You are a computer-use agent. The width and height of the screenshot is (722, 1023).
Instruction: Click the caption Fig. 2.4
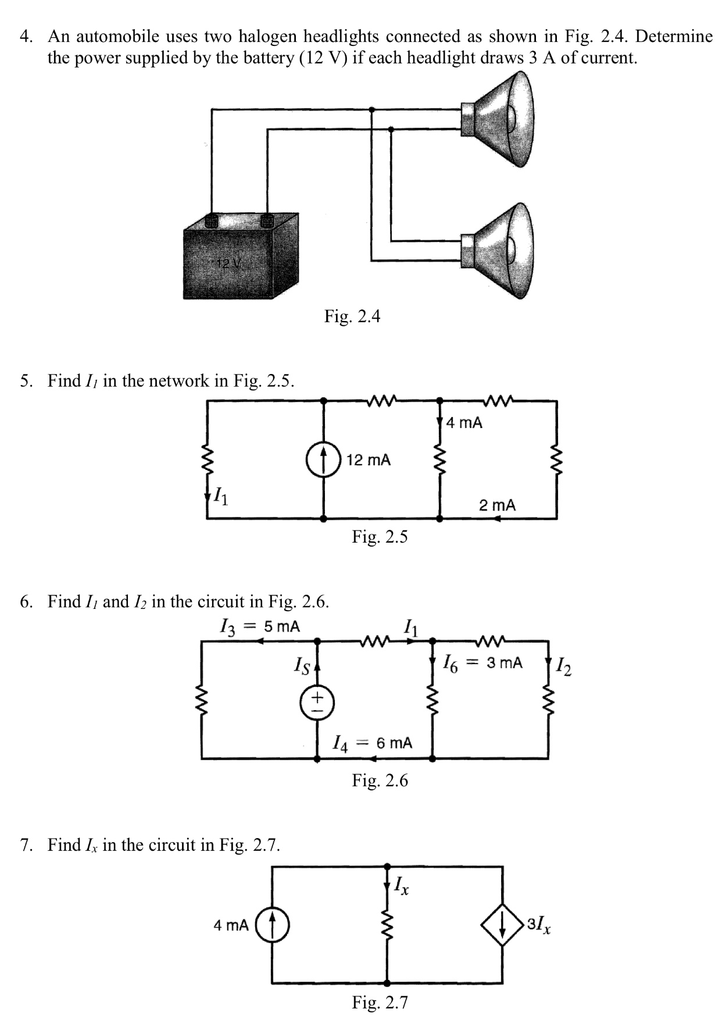[x=352, y=316]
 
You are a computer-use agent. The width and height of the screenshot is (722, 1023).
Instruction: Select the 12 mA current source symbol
[x=323, y=460]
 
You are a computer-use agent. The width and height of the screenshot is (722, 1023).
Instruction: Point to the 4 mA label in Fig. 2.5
[x=464, y=423]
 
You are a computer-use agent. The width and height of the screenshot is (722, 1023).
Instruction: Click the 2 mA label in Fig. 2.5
[x=497, y=505]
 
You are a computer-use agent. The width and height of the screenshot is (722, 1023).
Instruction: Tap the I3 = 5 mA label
[x=260, y=627]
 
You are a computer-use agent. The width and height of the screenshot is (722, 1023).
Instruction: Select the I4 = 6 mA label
[x=372, y=743]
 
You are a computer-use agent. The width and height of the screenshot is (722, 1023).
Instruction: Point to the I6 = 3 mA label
[x=482, y=662]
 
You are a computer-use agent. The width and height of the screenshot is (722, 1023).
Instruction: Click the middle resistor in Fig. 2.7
[x=387, y=927]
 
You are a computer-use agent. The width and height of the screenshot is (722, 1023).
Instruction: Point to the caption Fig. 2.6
[x=380, y=780]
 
